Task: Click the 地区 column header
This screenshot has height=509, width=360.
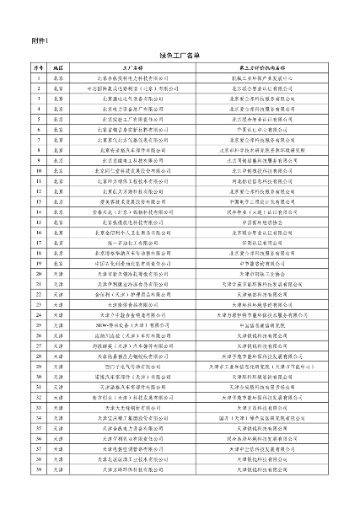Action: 58,66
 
